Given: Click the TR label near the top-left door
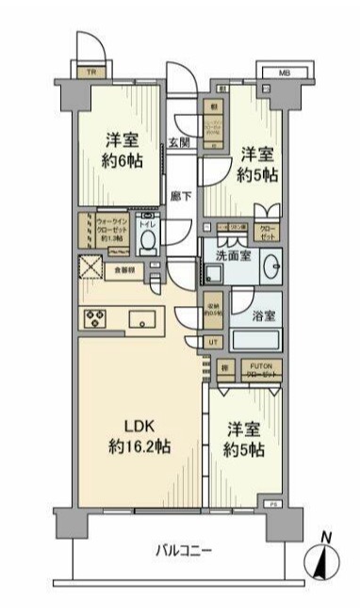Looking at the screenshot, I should coord(91,72).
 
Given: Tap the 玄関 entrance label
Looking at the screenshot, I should coord(180,143).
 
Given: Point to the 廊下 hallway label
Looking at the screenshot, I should coord(180,197).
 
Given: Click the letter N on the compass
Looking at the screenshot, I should coord(326,538).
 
